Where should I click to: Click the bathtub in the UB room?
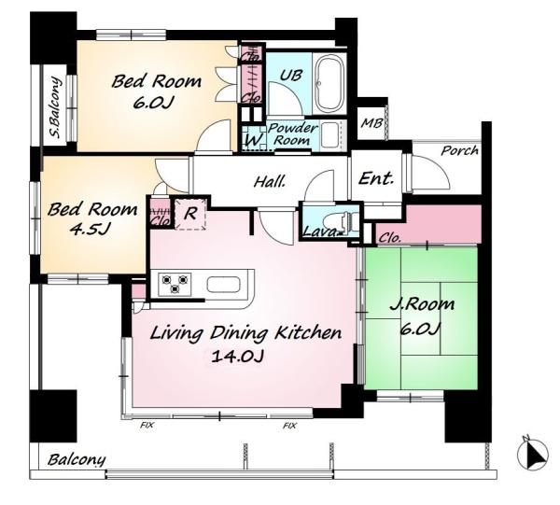click(330, 84)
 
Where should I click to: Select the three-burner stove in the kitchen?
click(175, 284)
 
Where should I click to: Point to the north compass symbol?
click(533, 456)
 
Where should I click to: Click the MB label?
click(371, 123)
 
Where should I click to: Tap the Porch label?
click(459, 150)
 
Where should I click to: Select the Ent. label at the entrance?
click(376, 178)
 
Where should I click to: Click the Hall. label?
click(270, 182)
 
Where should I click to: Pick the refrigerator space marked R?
click(190, 214)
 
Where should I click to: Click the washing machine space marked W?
click(254, 138)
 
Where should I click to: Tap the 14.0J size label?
click(237, 356)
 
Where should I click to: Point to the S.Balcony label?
click(55, 107)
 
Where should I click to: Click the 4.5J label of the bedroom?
click(90, 229)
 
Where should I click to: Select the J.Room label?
click(422, 304)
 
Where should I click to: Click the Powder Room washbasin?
click(330, 134)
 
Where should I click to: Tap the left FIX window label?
click(147, 425)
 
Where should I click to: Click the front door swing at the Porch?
click(430, 174)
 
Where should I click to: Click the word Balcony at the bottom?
click(77, 460)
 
